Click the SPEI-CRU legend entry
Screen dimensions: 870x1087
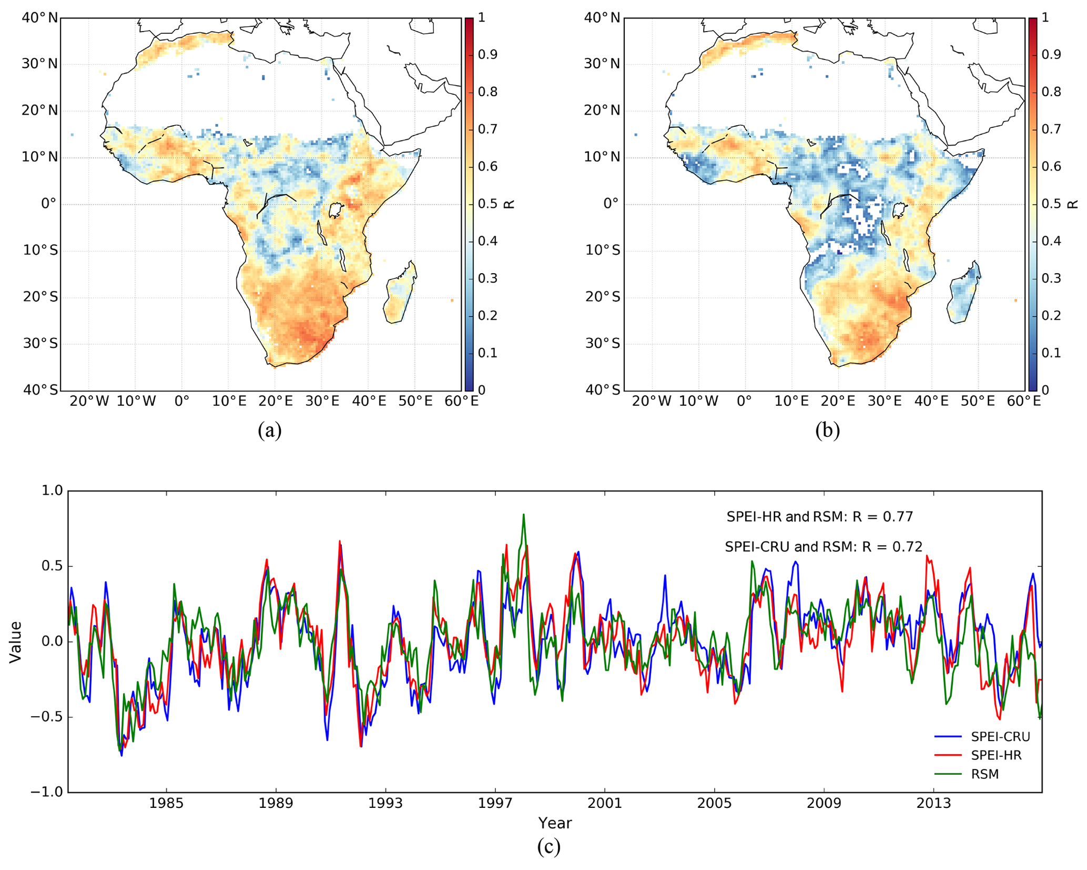[999, 736]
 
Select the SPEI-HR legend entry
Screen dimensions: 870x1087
[995, 755]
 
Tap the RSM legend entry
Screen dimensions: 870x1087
[984, 774]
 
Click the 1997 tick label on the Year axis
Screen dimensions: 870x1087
[495, 804]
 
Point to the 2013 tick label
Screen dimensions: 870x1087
[933, 804]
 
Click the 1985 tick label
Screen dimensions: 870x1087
[166, 804]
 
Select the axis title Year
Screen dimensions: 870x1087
[554, 823]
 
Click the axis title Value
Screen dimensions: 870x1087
[16, 642]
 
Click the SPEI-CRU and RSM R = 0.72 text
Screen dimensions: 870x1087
[823, 547]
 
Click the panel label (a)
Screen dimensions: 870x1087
[269, 430]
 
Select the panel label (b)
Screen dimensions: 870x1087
[827, 430]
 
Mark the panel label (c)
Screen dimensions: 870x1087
[548, 846]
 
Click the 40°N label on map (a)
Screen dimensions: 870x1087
[40, 18]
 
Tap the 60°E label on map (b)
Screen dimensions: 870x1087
[1023, 402]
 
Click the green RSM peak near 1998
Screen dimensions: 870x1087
[523, 515]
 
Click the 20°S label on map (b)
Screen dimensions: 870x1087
[602, 297]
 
